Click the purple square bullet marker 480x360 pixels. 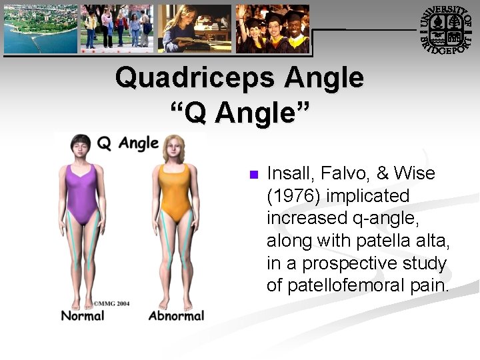click(x=252, y=175)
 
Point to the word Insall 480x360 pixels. click(x=289, y=174)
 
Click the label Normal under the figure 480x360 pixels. click(x=83, y=315)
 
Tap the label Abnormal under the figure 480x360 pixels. click(x=176, y=315)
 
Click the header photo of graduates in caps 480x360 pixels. click(x=273, y=29)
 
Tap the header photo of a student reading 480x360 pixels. click(x=194, y=29)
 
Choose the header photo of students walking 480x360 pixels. click(x=117, y=29)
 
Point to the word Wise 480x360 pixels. click(x=414, y=174)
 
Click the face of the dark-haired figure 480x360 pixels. click(x=82, y=149)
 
